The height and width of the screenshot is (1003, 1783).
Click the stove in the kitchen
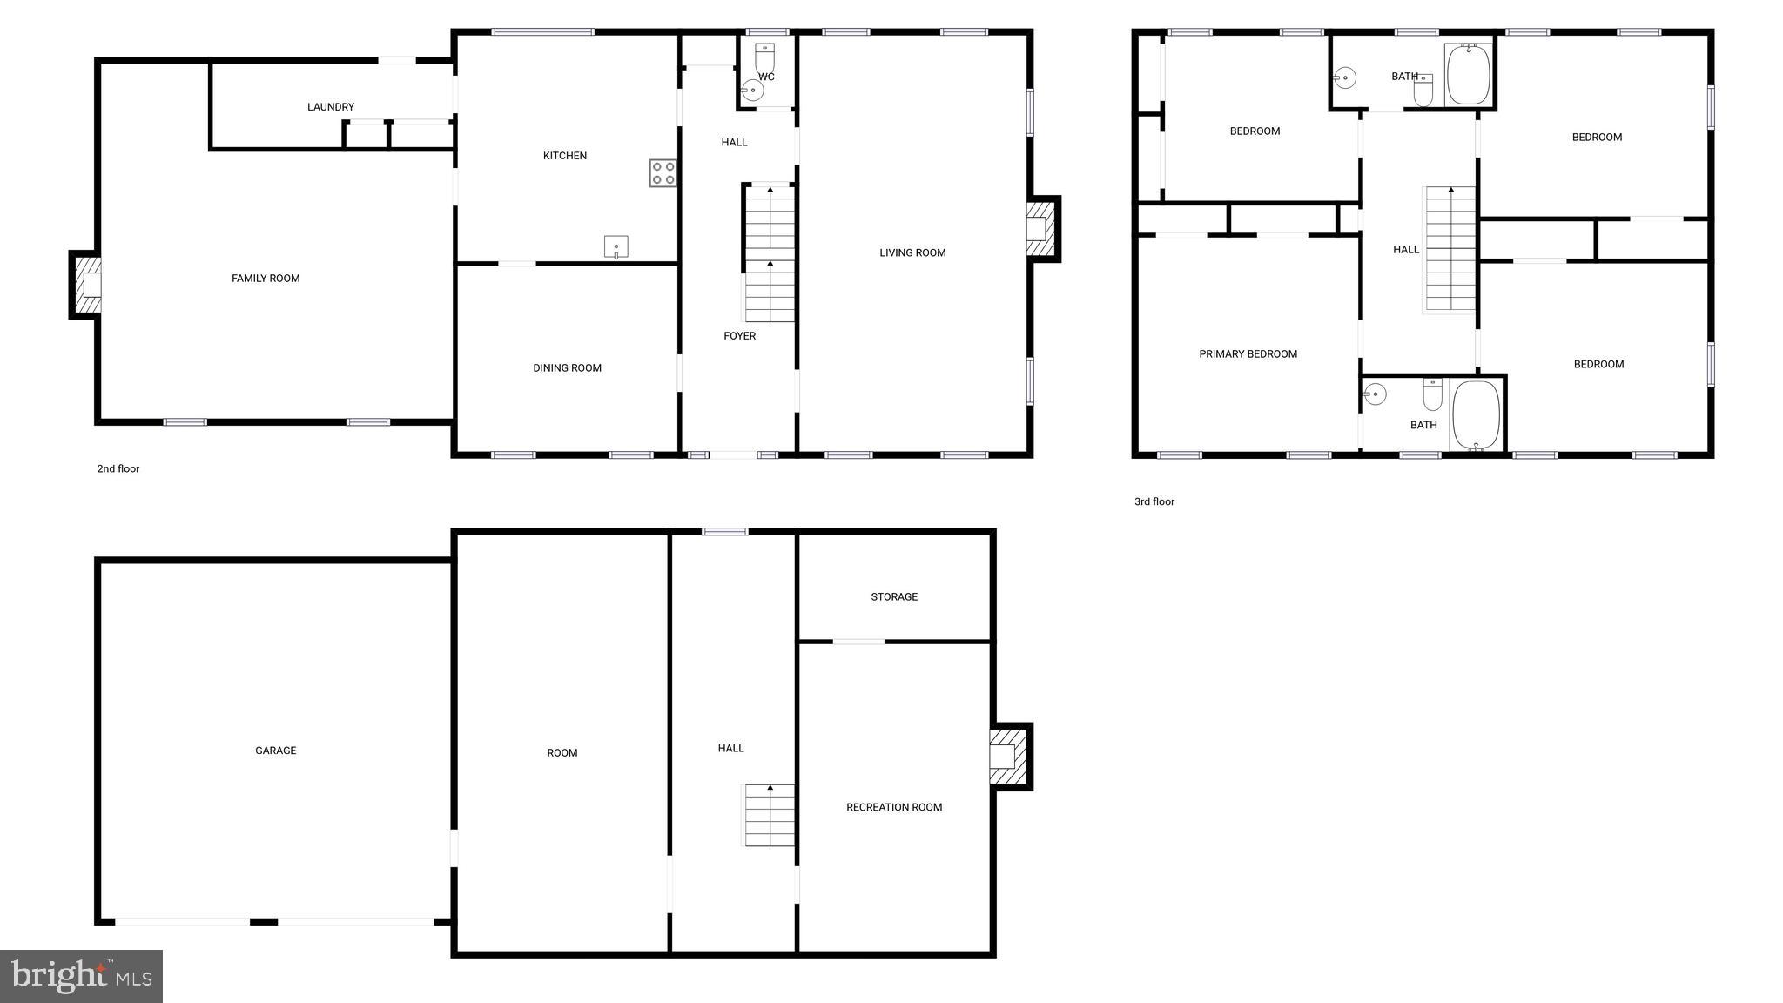(663, 172)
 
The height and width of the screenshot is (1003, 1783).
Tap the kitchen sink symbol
(616, 247)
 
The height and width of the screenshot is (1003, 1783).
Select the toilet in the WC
(764, 58)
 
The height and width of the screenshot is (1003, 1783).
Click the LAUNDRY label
(331, 107)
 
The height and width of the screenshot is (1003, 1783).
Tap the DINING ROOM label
(567, 368)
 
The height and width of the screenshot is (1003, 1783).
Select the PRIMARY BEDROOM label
(1248, 354)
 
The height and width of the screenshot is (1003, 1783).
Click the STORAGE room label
(894, 597)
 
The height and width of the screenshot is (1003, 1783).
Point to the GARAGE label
(276, 751)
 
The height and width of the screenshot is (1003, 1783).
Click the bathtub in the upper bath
(1469, 75)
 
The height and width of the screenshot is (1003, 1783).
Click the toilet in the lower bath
(1432, 394)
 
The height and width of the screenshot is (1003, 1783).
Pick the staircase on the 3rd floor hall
(1450, 249)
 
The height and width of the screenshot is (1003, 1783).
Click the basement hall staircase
(769, 815)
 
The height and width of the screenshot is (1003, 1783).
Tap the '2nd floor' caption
(118, 469)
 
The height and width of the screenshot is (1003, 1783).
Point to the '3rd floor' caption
(1154, 502)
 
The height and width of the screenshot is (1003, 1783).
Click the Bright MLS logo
(81, 976)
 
